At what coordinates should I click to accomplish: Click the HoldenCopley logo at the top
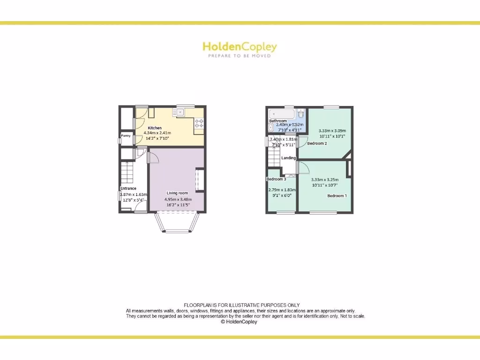click(240, 47)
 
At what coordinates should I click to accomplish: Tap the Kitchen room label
click(155, 128)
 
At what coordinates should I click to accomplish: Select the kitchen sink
click(180, 112)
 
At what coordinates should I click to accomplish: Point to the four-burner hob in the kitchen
click(199, 123)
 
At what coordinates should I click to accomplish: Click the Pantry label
click(126, 136)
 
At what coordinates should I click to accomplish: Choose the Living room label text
click(177, 193)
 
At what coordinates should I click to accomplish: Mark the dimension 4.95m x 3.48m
click(178, 199)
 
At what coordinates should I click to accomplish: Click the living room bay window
click(177, 224)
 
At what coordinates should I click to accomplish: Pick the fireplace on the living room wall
click(199, 180)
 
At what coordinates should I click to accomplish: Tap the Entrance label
click(128, 188)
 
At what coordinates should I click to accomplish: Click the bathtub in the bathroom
click(282, 113)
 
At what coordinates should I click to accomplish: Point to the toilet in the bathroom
click(301, 113)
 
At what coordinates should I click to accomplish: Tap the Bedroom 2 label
click(317, 143)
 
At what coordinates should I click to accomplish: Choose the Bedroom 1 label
click(337, 195)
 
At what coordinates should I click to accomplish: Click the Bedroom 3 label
click(276, 180)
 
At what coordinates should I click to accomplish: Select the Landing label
click(288, 158)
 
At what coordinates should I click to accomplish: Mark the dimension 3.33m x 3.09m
click(332, 131)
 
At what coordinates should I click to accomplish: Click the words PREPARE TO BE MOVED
click(240, 56)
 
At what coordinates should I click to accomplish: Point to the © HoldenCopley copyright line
click(239, 322)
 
